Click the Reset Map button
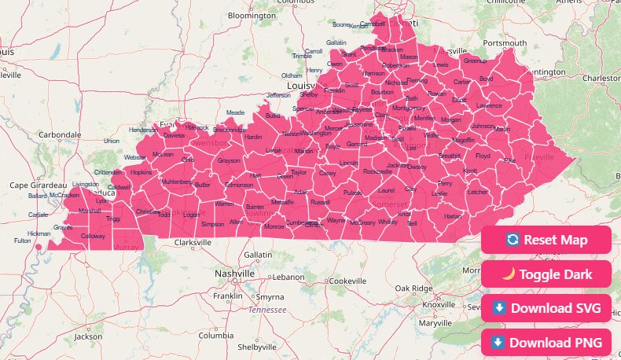[x=546, y=240]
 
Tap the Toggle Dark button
[x=546, y=274]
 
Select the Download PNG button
[x=546, y=342]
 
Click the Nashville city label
[x=235, y=274]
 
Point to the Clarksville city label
[x=193, y=243]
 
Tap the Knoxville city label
[x=439, y=304]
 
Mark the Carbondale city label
[x=59, y=134]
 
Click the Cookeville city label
[x=347, y=281]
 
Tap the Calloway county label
[x=93, y=236]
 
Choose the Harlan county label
[x=453, y=215]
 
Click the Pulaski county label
[x=353, y=193]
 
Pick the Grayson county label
[x=229, y=160]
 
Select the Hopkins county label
[x=141, y=172]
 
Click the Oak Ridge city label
[x=413, y=288]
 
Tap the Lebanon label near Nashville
[x=288, y=277]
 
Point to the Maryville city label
[x=435, y=322]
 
